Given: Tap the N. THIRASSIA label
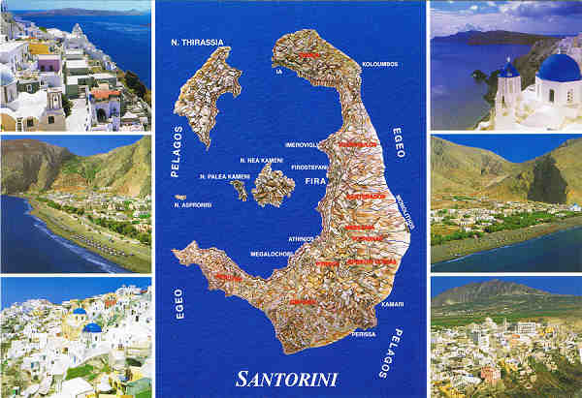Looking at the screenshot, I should [x=191, y=43].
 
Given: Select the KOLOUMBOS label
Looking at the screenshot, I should [x=379, y=65].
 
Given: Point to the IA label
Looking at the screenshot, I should [x=279, y=71].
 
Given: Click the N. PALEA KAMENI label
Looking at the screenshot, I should [x=224, y=176].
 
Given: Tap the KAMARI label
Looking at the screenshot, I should [x=392, y=304].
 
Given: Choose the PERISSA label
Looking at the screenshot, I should [x=363, y=334].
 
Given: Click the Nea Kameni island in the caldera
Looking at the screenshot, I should [x=273, y=185].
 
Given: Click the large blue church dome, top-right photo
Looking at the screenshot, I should [x=559, y=69].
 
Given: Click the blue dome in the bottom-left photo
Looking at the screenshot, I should [x=92, y=328].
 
